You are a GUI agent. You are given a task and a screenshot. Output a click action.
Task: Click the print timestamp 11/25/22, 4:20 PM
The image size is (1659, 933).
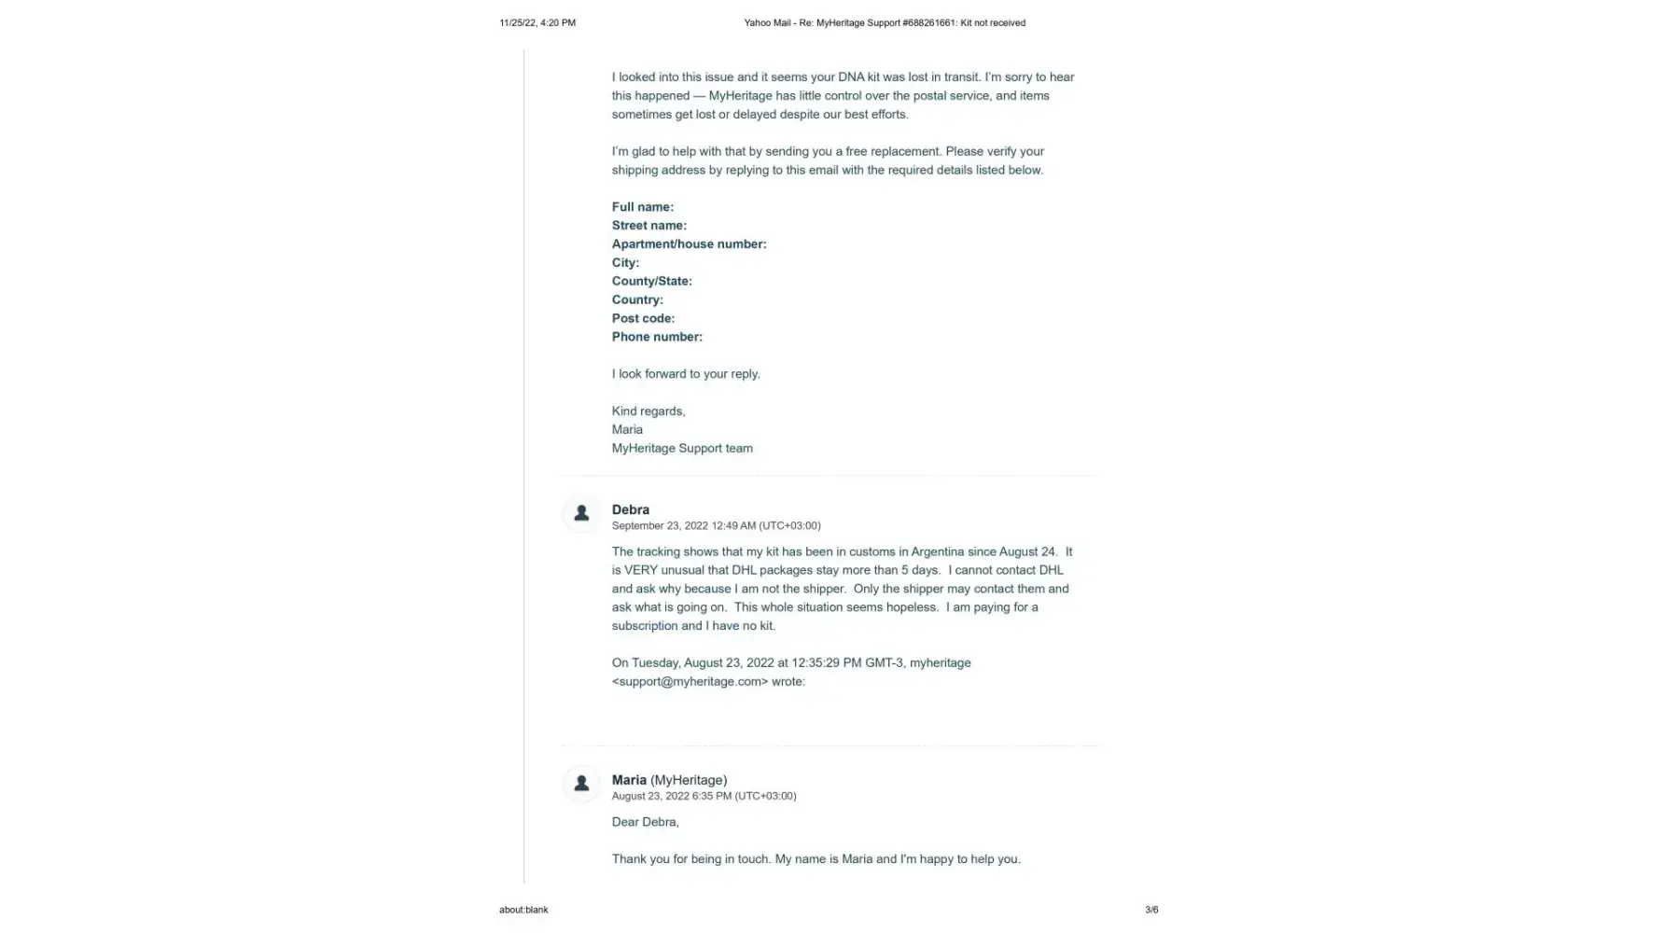coord(537,22)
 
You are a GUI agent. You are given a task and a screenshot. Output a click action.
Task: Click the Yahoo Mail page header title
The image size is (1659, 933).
coord(884,22)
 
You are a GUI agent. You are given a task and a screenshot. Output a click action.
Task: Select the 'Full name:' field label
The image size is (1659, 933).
coord(642,207)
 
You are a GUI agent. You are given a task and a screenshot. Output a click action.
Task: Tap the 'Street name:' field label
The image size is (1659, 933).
coord(648,226)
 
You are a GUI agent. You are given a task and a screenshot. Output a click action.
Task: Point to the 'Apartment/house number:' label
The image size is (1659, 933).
coord(689,244)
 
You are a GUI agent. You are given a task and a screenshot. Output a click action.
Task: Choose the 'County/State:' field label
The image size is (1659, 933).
coord(651,281)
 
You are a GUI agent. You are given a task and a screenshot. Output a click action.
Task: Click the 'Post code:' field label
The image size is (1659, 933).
coord(643,318)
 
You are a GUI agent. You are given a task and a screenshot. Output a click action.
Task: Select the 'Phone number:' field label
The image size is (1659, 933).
coord(657,337)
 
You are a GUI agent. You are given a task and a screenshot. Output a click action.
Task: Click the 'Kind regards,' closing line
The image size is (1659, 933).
coord(648,411)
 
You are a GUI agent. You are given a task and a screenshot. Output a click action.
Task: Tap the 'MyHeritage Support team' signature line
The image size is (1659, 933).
coord(682,449)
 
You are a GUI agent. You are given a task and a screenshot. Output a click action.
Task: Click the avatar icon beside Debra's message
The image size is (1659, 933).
coord(581,513)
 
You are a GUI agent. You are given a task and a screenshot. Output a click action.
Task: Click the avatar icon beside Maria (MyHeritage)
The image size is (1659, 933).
coord(581,784)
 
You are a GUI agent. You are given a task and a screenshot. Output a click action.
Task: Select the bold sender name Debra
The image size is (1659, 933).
coord(630,509)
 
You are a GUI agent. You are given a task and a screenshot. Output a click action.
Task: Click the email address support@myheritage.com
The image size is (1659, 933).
coord(690,682)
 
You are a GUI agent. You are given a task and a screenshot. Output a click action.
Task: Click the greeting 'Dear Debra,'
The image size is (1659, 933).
coord(645,822)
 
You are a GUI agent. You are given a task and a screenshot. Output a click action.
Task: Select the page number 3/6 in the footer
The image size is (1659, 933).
coord(1151,910)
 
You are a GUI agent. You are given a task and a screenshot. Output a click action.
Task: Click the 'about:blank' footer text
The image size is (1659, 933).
coord(523,910)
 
